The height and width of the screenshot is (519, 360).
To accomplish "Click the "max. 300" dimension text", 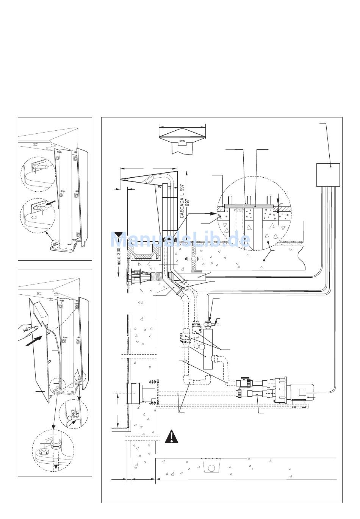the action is pyautogui.click(x=119, y=256).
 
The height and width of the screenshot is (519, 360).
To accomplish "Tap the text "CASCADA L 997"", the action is pyautogui.click(x=182, y=201).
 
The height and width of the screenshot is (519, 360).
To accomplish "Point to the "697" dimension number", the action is pyautogui.click(x=188, y=203).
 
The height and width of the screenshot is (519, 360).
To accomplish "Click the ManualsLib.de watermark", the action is pyautogui.click(x=180, y=239).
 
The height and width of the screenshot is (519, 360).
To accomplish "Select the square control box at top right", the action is pyautogui.click(x=328, y=175).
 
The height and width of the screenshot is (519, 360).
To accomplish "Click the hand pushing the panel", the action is pyautogui.click(x=27, y=332).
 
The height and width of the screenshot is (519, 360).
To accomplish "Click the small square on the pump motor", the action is pyautogui.click(x=302, y=392).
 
